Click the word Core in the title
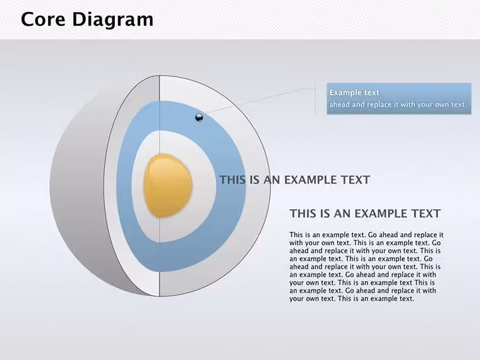[x=43, y=20]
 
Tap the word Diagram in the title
[x=112, y=20]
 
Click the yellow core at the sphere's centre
[x=168, y=186]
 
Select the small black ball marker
[x=199, y=117]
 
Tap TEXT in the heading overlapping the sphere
[x=357, y=180]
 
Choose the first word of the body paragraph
[x=296, y=235]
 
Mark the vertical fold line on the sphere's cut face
[x=160, y=186]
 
